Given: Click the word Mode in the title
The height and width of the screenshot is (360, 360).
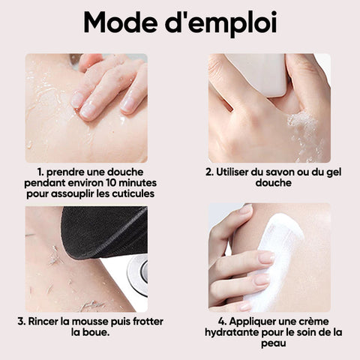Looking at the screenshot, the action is coord(121,22).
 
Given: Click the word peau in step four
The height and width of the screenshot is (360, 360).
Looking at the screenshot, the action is coord(274,343).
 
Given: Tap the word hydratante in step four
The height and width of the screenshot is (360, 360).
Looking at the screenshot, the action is coord(232,332).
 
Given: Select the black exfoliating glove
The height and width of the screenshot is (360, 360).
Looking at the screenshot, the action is coord(103,231).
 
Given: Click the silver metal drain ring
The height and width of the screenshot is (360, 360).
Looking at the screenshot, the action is coord(137,271).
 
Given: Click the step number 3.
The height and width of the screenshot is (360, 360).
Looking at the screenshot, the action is coord(22,322).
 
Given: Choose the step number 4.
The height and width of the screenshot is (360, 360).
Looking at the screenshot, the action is coord(222,322).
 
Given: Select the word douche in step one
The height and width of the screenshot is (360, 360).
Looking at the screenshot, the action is coord(125,172).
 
